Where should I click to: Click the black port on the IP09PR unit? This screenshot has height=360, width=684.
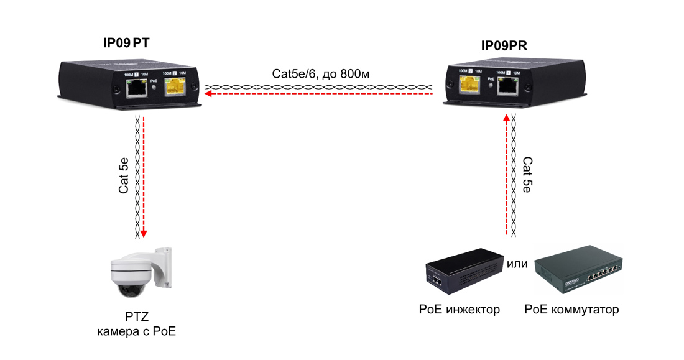click(509, 86)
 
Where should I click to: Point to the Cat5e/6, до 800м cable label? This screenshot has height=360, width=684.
click(320, 73)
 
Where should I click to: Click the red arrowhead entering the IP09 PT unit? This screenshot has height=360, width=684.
click(209, 94)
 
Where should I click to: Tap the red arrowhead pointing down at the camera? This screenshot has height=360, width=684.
click(144, 234)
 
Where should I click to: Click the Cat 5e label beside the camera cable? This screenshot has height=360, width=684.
click(124, 176)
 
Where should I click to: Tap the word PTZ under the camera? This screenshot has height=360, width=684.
click(137, 316)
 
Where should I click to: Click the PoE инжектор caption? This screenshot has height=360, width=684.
click(459, 310)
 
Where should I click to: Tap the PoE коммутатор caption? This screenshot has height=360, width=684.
click(571, 310)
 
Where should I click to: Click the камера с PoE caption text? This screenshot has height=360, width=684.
click(137, 331)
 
